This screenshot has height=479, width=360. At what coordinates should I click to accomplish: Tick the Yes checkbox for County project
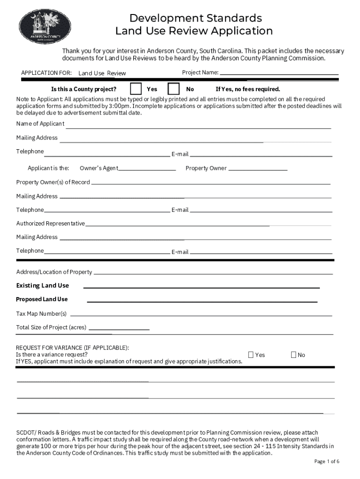point(136,88)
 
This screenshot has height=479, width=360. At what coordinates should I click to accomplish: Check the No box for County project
point(173,88)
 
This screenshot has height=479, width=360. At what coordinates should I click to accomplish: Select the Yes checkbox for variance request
point(251,355)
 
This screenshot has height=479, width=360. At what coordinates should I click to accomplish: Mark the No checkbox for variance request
point(294,355)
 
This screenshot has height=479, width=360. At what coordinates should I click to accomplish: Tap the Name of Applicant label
point(40,124)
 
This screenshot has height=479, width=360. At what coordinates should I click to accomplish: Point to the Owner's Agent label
point(99,168)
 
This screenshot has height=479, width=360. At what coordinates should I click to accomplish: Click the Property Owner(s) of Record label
point(53,182)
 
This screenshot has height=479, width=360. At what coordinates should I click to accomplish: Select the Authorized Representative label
point(50,224)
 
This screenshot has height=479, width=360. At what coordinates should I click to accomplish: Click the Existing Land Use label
point(43,285)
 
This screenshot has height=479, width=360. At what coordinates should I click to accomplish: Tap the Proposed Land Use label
point(42,299)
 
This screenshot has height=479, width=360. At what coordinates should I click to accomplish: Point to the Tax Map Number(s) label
point(42,313)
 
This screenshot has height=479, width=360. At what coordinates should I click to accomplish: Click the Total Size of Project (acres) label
point(51,327)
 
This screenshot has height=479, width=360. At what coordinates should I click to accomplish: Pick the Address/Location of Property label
point(54,272)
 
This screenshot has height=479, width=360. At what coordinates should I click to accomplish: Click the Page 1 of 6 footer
point(327,462)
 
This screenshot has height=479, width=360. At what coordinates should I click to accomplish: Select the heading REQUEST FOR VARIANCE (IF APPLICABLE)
point(72,348)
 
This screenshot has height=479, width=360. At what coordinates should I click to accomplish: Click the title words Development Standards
point(195,18)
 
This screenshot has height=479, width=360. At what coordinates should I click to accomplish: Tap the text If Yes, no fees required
point(248,89)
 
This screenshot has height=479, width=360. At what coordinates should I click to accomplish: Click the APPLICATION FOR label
point(46,73)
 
